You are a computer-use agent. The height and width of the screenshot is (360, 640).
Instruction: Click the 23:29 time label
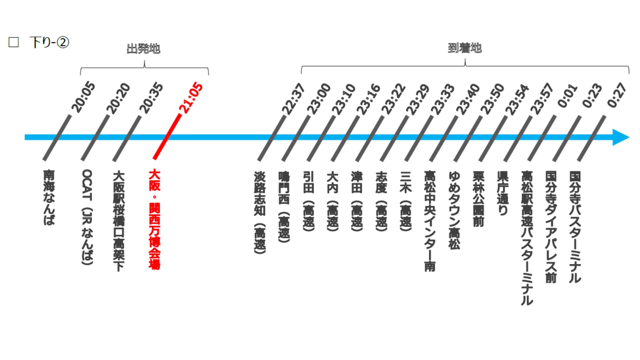417,99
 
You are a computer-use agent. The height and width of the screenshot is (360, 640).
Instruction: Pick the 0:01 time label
568,96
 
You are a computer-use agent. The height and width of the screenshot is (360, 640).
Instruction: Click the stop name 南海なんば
49,197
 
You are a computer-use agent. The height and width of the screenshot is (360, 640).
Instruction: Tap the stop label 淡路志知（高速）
260,212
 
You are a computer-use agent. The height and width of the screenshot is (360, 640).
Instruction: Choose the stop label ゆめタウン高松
454,210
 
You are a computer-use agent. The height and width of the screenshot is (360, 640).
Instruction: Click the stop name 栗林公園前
478,199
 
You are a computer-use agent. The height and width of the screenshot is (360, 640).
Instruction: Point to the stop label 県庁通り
503,193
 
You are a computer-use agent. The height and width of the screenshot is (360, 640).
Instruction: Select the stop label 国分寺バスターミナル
575,227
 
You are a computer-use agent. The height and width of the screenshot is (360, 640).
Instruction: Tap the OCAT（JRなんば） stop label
87,217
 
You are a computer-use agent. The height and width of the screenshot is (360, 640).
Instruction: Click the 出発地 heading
144,49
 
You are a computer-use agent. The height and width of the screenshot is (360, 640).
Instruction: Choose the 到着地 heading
465,48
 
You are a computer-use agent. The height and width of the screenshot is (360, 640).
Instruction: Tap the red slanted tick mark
167,137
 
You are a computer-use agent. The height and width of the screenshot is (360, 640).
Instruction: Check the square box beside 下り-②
14,42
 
